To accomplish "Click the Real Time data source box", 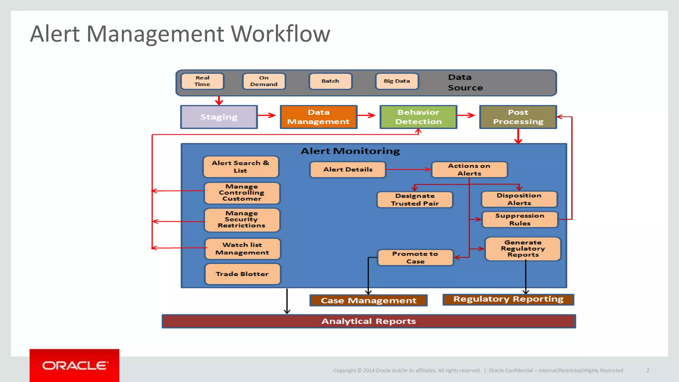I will pos(202,81).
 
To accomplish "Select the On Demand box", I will pos(264,81).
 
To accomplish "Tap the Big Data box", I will pos(397,81).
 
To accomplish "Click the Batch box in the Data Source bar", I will pos(330,81).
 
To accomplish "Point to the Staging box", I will pos(219,117).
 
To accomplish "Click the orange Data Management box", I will pos(319,117).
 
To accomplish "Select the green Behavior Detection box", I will pos(418,117).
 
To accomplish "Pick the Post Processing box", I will pos(518,117).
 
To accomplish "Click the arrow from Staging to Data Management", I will pos(267,115).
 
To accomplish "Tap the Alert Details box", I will pos(348,169).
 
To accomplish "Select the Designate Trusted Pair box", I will pos(415,200).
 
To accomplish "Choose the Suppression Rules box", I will pos(520,220).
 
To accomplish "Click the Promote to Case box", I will pos(415,258).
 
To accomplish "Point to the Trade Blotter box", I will pos(242,274).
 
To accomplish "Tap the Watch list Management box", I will pos(242,249).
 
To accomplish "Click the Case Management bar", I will pos(368,300).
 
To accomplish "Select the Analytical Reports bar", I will pos(369,321).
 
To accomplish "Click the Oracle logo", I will pos(75,365).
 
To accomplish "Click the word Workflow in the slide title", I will pos(280,34).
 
